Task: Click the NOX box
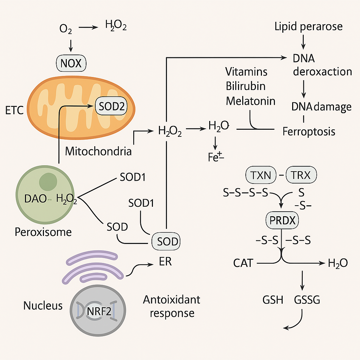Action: [71, 63]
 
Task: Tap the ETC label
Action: [15, 111]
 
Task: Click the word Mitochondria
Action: [98, 151]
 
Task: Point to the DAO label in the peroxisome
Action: [36, 199]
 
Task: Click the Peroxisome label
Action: [43, 232]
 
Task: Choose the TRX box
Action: [301, 175]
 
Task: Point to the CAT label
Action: [243, 263]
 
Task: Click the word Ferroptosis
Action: [309, 131]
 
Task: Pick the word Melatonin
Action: [251, 101]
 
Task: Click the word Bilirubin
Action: [246, 86]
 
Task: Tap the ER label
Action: [165, 262]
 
